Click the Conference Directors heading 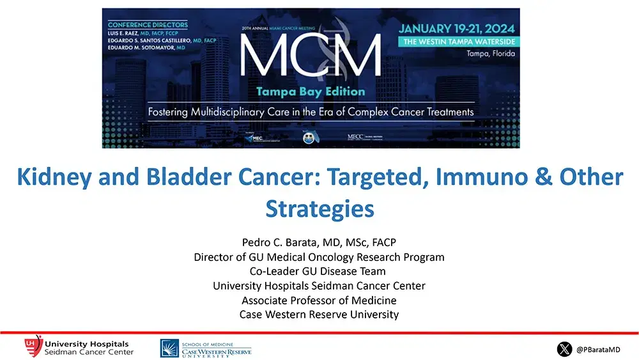click(x=148, y=25)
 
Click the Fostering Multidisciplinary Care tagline click(x=311, y=112)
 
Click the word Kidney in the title click(x=55, y=176)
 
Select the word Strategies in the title click(x=319, y=208)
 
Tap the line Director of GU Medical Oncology click(x=319, y=257)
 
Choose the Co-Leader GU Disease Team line click(x=319, y=271)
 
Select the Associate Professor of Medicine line click(x=319, y=300)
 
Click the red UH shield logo click(x=33, y=347)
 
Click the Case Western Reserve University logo click(x=206, y=348)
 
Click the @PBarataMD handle click(x=597, y=350)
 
